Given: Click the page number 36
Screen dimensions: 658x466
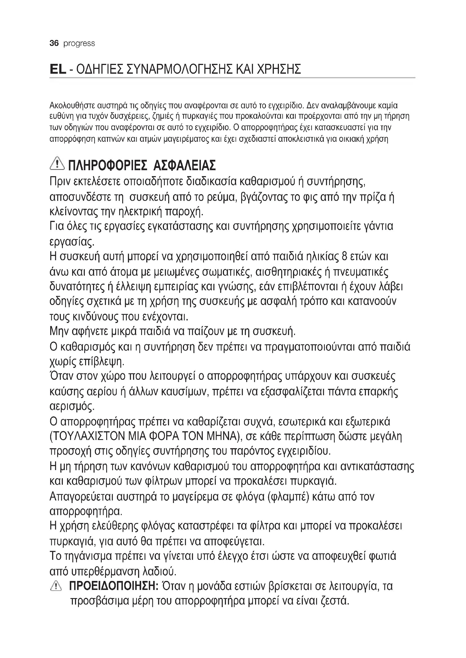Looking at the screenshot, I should pos(54,43).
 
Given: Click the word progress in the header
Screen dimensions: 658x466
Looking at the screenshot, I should pos(79,44).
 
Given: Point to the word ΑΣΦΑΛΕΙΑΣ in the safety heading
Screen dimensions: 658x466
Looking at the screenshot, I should pos(185,166).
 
